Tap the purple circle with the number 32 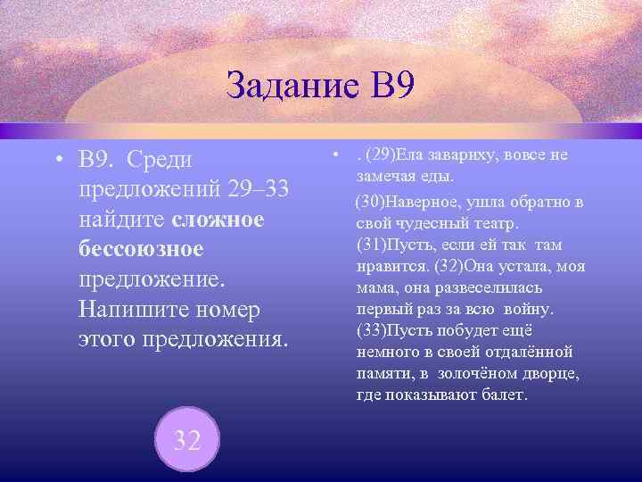[x=186, y=440]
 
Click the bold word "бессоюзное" [x=142, y=249]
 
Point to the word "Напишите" [x=133, y=310]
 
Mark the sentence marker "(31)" [x=371, y=244]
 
